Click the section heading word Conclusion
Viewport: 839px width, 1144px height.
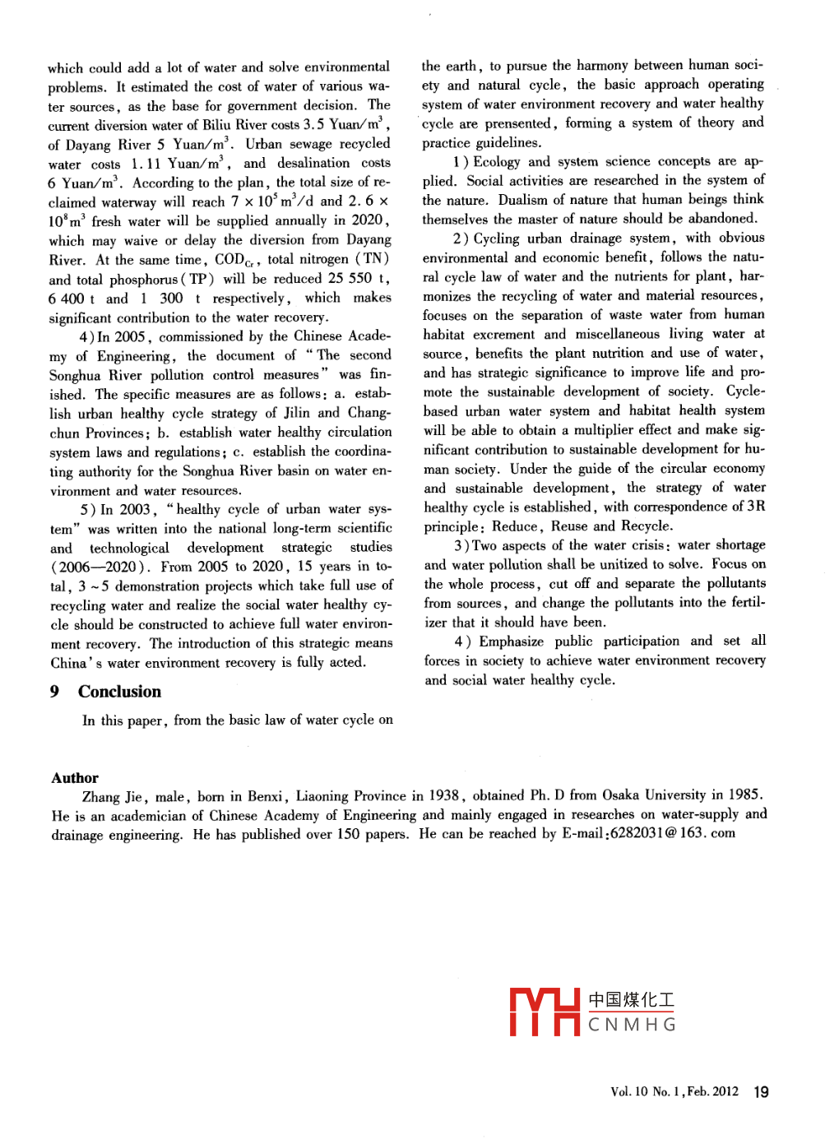pyautogui.click(x=119, y=692)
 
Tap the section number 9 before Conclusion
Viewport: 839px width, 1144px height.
pyautogui.click(x=54, y=692)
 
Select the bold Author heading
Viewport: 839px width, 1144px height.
pyautogui.click(x=75, y=778)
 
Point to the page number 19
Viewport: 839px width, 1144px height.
pyautogui.click(x=761, y=1092)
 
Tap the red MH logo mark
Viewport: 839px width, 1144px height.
pyautogui.click(x=545, y=1012)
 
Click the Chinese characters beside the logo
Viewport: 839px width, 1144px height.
pyautogui.click(x=631, y=1000)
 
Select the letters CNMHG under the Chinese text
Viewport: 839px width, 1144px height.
pyautogui.click(x=632, y=1025)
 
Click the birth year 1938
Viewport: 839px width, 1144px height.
pyautogui.click(x=444, y=795)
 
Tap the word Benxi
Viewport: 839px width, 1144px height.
pyautogui.click(x=265, y=796)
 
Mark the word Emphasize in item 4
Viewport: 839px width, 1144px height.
pyautogui.click(x=512, y=641)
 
